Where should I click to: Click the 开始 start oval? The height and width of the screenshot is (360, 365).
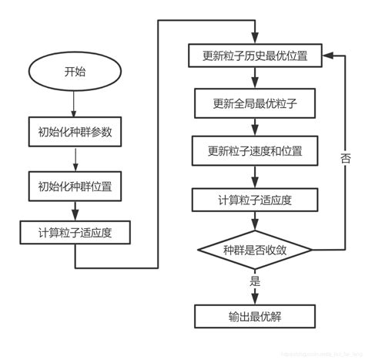(x=75, y=72)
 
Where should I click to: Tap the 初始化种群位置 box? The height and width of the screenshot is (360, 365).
(x=75, y=187)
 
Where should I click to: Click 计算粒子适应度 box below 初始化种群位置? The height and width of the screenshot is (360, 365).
(x=75, y=232)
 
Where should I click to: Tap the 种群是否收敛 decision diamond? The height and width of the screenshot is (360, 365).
(x=255, y=251)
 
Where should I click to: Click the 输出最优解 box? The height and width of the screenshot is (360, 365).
(x=255, y=316)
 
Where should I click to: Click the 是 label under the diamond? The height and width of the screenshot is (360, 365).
(x=255, y=282)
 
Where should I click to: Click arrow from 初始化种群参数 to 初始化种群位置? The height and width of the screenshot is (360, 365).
(x=75, y=160)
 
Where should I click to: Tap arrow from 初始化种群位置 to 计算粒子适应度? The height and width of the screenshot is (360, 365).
(x=75, y=209)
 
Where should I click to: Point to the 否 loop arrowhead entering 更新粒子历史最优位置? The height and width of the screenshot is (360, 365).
(x=326, y=56)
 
